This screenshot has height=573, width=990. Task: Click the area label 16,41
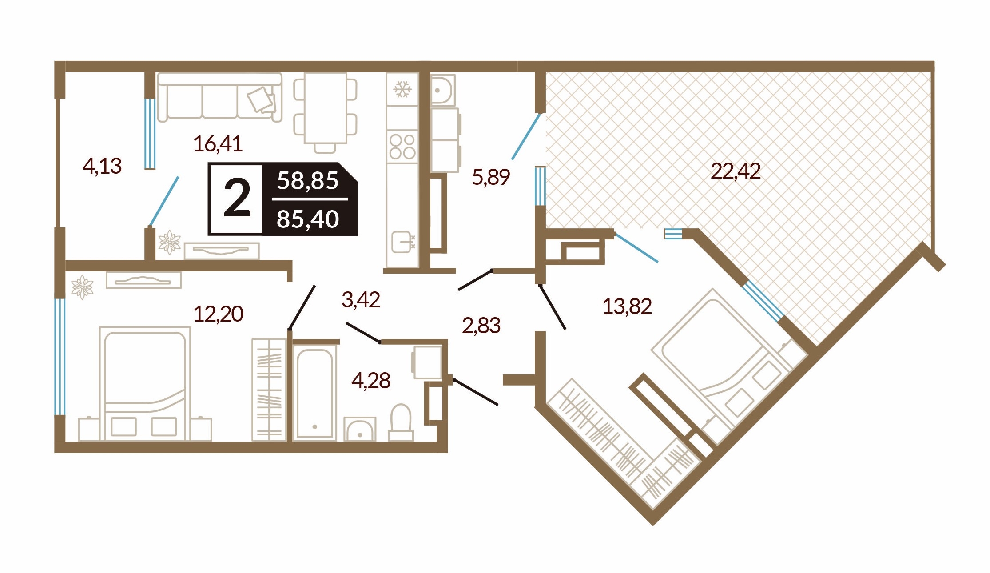click(218, 144)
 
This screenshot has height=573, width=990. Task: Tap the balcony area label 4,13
click(102, 166)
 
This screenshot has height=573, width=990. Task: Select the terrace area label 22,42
click(736, 171)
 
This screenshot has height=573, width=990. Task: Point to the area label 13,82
click(627, 306)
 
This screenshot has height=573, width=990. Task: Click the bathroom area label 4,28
click(371, 381)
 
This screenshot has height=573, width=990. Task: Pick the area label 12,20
click(218, 314)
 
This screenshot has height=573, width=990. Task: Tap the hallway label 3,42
click(361, 300)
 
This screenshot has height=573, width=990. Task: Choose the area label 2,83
click(481, 326)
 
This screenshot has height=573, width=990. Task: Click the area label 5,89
click(491, 177)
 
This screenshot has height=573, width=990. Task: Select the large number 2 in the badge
click(237, 198)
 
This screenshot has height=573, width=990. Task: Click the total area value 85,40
click(308, 219)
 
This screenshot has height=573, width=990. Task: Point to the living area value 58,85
click(308, 181)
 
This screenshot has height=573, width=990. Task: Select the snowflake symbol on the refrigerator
click(402, 89)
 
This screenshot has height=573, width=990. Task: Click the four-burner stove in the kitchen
click(402, 147)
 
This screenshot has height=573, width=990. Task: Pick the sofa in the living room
click(219, 97)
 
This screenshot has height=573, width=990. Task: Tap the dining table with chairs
click(326, 113)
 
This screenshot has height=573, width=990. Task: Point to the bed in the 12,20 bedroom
click(145, 384)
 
